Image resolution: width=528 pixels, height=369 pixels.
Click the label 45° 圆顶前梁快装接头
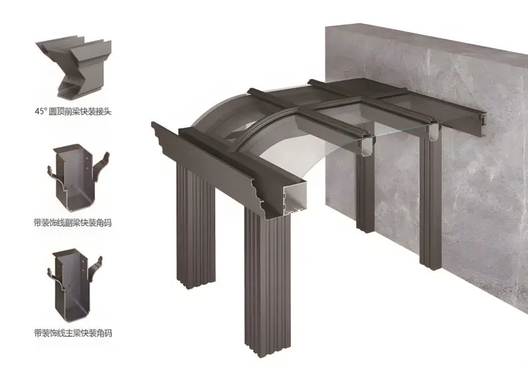pyautogui.click(x=73, y=112)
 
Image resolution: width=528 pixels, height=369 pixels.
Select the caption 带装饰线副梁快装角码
pyautogui.click(x=73, y=223)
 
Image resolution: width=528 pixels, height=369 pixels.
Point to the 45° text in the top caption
pyautogui.click(x=40, y=112)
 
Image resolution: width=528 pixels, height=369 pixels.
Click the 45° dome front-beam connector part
pyautogui.click(x=74, y=68)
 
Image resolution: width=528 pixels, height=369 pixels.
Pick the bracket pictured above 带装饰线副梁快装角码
pyautogui.click(x=78, y=177)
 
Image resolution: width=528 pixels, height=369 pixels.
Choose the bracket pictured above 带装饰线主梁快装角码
pyautogui.click(x=75, y=281)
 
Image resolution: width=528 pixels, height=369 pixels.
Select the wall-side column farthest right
pyautogui.click(x=430, y=199)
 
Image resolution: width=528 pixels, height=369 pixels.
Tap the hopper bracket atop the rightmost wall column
pyautogui.click(x=432, y=134)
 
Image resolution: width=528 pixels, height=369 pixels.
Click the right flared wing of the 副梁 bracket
pyautogui.click(x=101, y=166)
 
